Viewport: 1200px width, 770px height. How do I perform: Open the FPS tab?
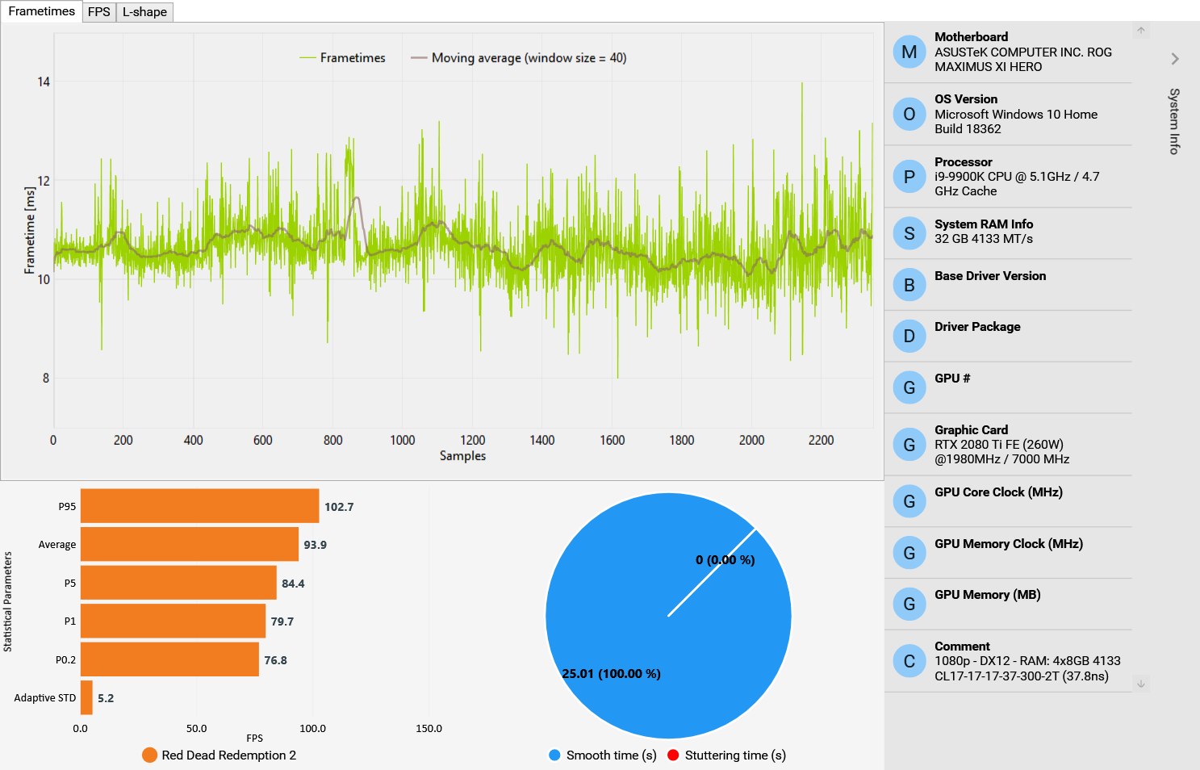pos(99,12)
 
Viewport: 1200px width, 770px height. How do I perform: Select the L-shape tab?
pos(144,12)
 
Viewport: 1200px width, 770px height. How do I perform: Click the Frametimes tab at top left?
pos(41,11)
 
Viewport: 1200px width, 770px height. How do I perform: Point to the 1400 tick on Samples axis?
pos(542,441)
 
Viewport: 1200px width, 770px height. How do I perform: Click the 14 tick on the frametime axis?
pos(44,82)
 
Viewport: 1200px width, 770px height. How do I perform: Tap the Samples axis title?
pos(462,456)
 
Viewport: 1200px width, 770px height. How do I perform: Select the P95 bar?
pos(199,506)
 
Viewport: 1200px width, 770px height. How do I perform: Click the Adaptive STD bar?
pos(86,697)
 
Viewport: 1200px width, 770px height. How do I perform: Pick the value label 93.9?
pos(315,545)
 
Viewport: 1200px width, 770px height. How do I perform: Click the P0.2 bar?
pos(169,659)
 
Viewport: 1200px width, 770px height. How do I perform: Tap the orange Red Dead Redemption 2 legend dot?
pos(149,755)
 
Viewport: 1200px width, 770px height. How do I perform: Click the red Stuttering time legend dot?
pos(673,755)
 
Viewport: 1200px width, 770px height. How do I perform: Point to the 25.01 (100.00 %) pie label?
pos(611,674)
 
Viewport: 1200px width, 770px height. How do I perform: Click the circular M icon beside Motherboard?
pos(909,52)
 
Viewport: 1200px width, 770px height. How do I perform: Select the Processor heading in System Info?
pos(963,162)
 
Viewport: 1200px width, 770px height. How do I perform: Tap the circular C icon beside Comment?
pos(909,662)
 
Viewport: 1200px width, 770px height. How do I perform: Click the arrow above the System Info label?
pos(1175,59)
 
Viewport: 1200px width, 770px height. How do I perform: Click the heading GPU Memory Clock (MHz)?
pos(1009,544)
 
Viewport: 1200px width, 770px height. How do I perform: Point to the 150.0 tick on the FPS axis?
pos(429,729)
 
